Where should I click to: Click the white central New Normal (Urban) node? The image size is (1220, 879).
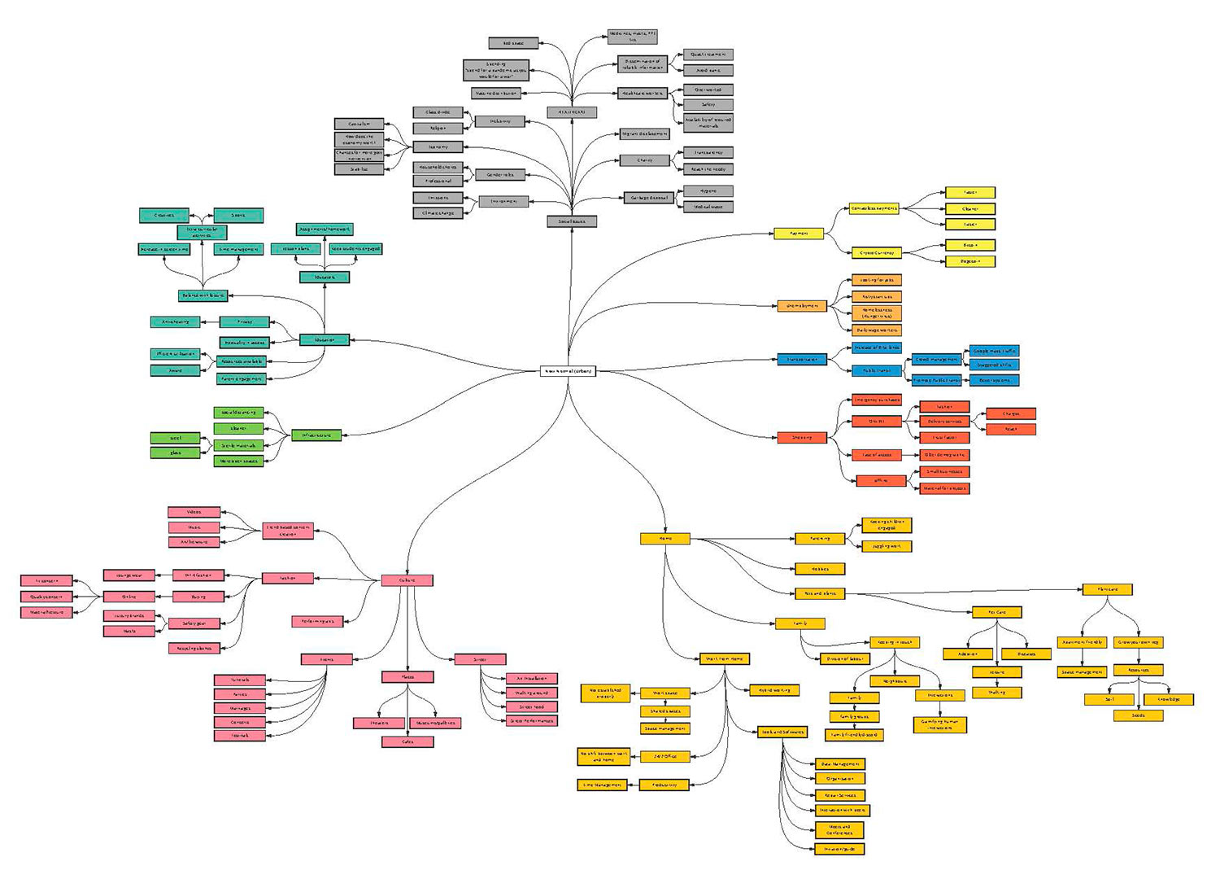click(569, 371)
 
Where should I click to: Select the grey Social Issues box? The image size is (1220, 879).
click(572, 221)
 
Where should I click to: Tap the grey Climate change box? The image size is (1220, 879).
click(438, 213)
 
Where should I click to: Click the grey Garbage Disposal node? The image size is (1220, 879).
click(648, 198)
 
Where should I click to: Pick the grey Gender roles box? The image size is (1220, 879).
click(500, 175)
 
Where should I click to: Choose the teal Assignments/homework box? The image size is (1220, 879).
click(324, 230)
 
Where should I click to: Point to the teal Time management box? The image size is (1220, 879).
click(238, 249)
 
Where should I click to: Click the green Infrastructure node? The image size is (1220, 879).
click(316, 435)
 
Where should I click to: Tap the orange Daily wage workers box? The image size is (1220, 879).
click(876, 330)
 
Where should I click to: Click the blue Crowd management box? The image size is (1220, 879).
click(936, 359)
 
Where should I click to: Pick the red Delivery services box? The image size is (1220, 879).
click(944, 422)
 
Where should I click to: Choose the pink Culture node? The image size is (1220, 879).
click(407, 580)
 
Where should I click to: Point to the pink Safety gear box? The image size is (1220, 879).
click(194, 623)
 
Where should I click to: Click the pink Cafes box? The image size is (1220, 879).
click(407, 741)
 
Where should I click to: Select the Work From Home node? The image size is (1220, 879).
click(724, 658)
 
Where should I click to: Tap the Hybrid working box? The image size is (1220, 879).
click(774, 690)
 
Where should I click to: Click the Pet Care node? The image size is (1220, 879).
click(996, 612)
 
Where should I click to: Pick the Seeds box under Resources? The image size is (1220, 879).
click(1138, 715)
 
